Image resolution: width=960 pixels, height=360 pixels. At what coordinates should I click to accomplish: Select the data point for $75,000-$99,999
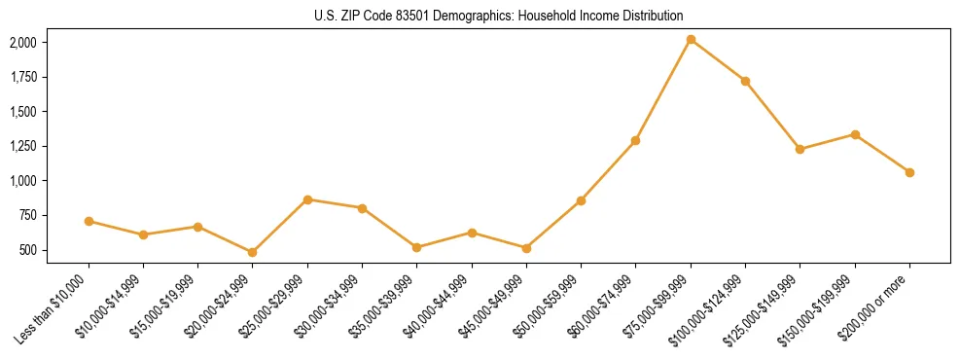point(691,40)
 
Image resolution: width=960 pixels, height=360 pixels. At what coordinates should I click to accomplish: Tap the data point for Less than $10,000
point(89,221)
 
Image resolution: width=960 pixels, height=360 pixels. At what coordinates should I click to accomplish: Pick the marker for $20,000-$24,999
point(253,252)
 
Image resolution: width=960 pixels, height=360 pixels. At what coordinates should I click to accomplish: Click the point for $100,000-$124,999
point(745,81)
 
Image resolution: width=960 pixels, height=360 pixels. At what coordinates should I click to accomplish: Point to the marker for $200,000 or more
point(909,172)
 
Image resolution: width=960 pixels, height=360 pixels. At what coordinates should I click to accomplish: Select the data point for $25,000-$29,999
point(307,199)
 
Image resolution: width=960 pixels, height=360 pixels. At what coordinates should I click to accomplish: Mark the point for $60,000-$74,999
point(635,140)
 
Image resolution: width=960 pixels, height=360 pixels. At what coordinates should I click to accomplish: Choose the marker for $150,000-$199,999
point(855,134)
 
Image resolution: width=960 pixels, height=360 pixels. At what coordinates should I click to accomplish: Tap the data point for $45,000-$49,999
point(526,248)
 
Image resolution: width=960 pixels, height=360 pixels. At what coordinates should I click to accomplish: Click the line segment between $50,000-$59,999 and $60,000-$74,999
point(608,170)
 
